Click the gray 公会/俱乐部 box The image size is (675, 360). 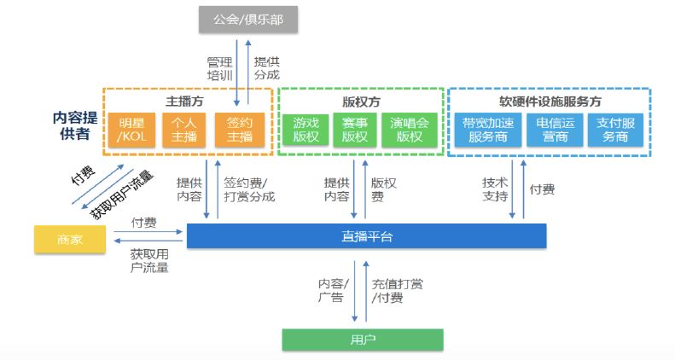click(x=249, y=19)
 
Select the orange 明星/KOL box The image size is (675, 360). click(x=131, y=130)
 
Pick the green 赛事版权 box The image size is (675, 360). click(x=354, y=130)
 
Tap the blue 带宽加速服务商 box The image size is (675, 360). click(x=484, y=130)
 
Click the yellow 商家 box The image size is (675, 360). click(x=72, y=240)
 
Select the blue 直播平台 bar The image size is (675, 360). click(x=366, y=236)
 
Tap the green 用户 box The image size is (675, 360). click(x=363, y=340)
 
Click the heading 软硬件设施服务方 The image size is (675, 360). click(x=550, y=100)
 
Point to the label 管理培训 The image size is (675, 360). click(x=219, y=69)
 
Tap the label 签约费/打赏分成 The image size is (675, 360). click(x=246, y=189)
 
